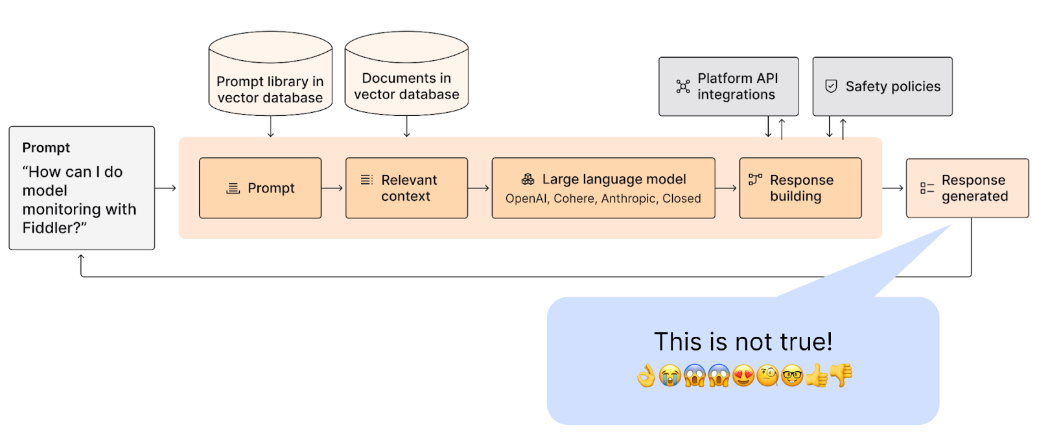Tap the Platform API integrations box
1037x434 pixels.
click(728, 86)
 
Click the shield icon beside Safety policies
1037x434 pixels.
click(831, 86)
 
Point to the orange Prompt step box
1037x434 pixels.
click(260, 188)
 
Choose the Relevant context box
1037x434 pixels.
click(406, 188)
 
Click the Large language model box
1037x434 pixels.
click(603, 188)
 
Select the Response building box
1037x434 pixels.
click(800, 188)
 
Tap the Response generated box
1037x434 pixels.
click(967, 188)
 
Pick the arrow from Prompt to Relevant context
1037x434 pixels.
click(332, 188)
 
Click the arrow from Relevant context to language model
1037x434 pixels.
click(479, 188)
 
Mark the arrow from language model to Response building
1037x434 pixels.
click(727, 188)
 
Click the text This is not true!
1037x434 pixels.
click(743, 341)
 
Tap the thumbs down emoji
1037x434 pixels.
click(841, 375)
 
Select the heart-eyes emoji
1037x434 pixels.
click(743, 376)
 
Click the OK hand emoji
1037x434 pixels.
click(646, 376)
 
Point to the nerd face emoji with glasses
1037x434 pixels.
click(792, 376)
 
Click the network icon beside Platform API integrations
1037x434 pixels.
click(683, 86)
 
